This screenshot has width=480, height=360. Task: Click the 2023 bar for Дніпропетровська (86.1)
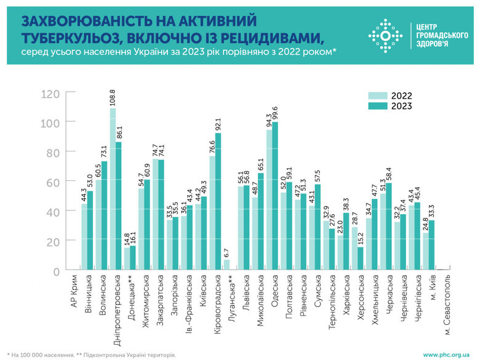click(119, 206)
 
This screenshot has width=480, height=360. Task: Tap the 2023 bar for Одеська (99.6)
click(274, 196)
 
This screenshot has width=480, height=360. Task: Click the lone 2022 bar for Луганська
click(225, 265)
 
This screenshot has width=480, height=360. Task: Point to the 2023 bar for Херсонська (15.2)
click(360, 259)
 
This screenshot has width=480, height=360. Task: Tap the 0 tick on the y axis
click(56, 271)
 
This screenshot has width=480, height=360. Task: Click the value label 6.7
click(225, 252)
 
